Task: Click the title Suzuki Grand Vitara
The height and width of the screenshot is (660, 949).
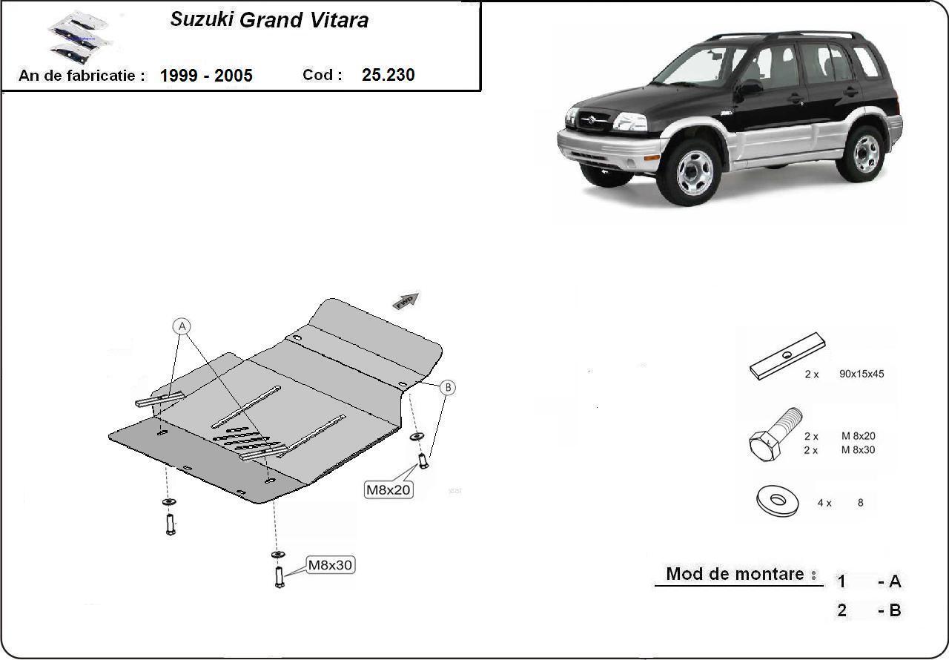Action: [269, 20]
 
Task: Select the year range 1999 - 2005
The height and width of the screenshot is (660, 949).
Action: [206, 75]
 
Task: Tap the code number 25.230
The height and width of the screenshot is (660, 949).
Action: [388, 75]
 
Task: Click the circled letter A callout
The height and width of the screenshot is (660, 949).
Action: [182, 326]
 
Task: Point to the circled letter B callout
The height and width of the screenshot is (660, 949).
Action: [448, 387]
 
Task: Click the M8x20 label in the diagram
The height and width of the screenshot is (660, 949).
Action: [388, 489]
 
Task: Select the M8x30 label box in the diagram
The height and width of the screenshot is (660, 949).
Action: [331, 565]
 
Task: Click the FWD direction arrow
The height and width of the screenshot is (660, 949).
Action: [406, 300]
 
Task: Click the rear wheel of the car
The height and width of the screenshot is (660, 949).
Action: [864, 154]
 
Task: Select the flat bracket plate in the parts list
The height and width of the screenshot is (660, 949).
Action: [787, 356]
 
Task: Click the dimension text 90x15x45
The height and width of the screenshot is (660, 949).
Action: [862, 374]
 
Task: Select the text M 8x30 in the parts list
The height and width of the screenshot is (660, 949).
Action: [859, 450]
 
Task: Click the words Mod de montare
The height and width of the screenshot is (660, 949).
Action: [735, 574]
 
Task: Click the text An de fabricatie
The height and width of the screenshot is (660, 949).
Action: [81, 75]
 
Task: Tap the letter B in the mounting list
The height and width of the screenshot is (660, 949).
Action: [894, 611]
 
